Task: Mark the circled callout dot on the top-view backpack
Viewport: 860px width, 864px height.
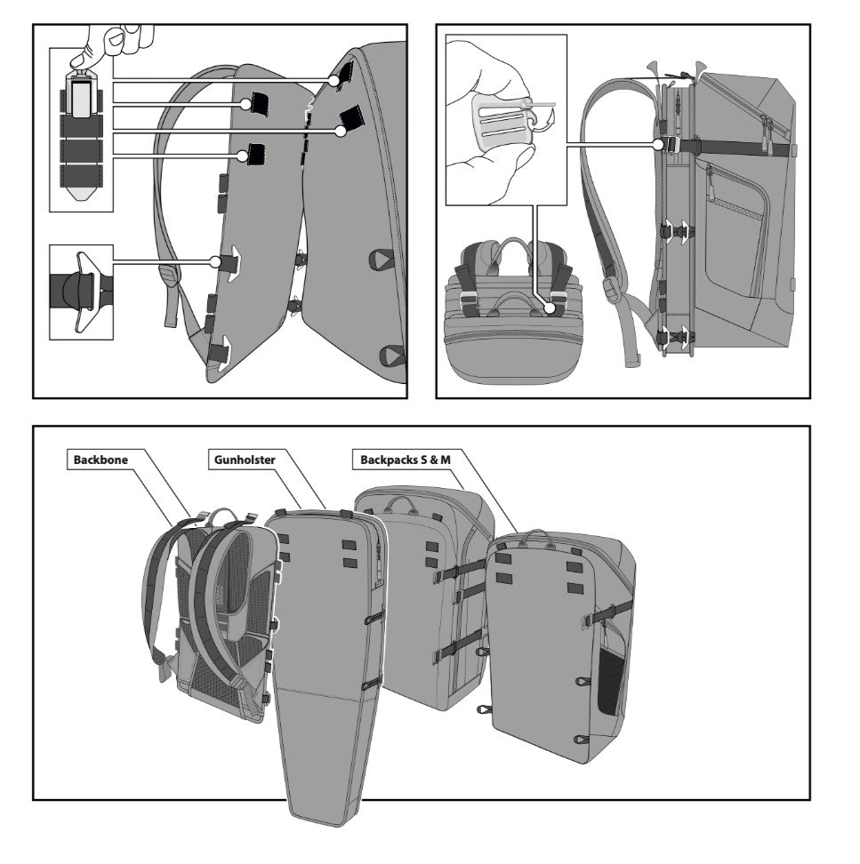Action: coord(551,308)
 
